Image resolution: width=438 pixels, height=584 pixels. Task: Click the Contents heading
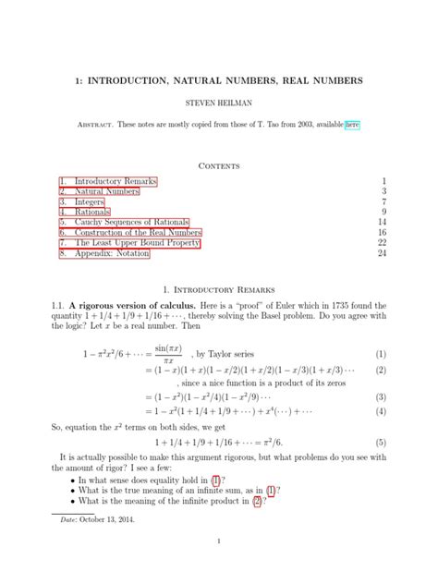click(x=218, y=166)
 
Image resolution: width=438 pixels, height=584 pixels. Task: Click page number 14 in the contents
click(x=383, y=223)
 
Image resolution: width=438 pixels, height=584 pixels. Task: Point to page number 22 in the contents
click(x=383, y=243)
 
